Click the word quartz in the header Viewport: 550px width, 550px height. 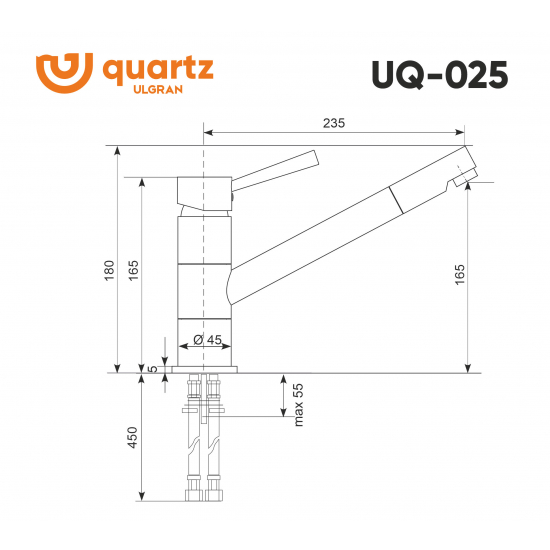157,70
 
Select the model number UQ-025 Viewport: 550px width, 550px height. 439,75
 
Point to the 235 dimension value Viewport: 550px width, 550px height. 334,123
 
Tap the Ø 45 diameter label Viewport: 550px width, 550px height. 206,340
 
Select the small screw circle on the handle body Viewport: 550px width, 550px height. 234,198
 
